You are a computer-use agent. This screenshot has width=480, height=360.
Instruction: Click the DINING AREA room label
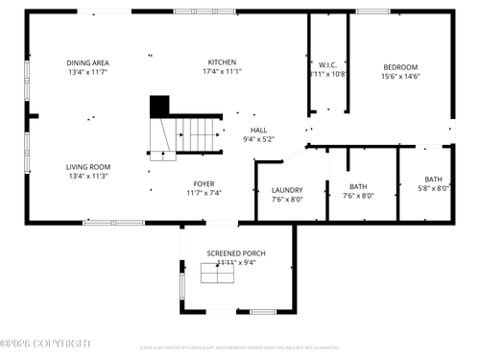pyautogui.click(x=87, y=62)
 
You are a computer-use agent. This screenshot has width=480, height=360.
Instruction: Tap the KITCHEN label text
pyautogui.click(x=222, y=61)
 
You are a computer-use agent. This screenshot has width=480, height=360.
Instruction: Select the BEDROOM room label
pyautogui.click(x=400, y=67)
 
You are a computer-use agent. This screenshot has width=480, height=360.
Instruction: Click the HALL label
pyautogui.click(x=258, y=130)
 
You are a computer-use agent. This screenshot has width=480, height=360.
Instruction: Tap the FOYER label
pyautogui.click(x=204, y=183)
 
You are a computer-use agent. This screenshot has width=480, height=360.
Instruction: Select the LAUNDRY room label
pyautogui.click(x=287, y=190)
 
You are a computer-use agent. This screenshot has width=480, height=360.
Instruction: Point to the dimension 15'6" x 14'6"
pyautogui.click(x=400, y=76)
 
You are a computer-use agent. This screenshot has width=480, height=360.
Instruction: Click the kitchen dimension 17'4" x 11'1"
pyautogui.click(x=222, y=71)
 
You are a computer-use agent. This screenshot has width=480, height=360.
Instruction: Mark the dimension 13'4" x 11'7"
pyautogui.click(x=87, y=72)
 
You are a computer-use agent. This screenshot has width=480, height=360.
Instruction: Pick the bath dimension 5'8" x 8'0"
pyautogui.click(x=433, y=188)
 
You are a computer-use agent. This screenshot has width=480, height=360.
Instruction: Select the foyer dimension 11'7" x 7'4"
pyautogui.click(x=204, y=193)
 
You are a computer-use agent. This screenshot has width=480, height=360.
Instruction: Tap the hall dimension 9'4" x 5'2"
pyautogui.click(x=258, y=139)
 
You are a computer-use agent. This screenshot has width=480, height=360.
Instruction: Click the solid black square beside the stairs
pyautogui.click(x=158, y=105)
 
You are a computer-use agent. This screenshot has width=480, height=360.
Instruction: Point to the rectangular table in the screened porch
pyautogui.click(x=217, y=274)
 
